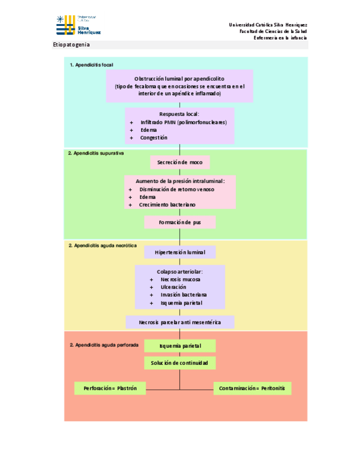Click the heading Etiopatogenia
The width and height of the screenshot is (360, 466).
pyautogui.click(x=71, y=45)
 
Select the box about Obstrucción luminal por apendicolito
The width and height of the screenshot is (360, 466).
pyautogui.click(x=179, y=86)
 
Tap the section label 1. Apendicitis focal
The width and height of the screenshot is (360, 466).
pyautogui.click(x=91, y=65)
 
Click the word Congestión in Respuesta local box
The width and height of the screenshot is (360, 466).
pyautogui.click(x=153, y=137)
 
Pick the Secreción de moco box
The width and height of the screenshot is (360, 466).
pyautogui.click(x=180, y=163)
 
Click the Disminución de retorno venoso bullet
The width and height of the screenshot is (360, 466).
pyautogui.click(x=176, y=189)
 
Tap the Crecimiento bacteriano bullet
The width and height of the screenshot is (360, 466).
pyautogui.click(x=167, y=204)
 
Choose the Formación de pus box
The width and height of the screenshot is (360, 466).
pyautogui.click(x=180, y=222)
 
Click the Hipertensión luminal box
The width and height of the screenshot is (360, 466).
pyautogui.click(x=180, y=252)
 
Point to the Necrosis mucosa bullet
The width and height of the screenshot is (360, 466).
pyautogui.click(x=180, y=279)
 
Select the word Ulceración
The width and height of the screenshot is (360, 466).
pyautogui.click(x=173, y=287)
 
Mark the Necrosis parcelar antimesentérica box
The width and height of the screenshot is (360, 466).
pyautogui.click(x=180, y=322)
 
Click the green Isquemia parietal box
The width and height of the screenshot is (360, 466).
pyautogui.click(x=180, y=346)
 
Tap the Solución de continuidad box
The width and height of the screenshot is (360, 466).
pyautogui.click(x=180, y=363)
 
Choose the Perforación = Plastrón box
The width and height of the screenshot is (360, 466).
pyautogui.click(x=110, y=389)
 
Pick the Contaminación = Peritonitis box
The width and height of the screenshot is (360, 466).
pyautogui.click(x=252, y=389)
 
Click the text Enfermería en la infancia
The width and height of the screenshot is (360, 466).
pyautogui.click(x=280, y=38)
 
